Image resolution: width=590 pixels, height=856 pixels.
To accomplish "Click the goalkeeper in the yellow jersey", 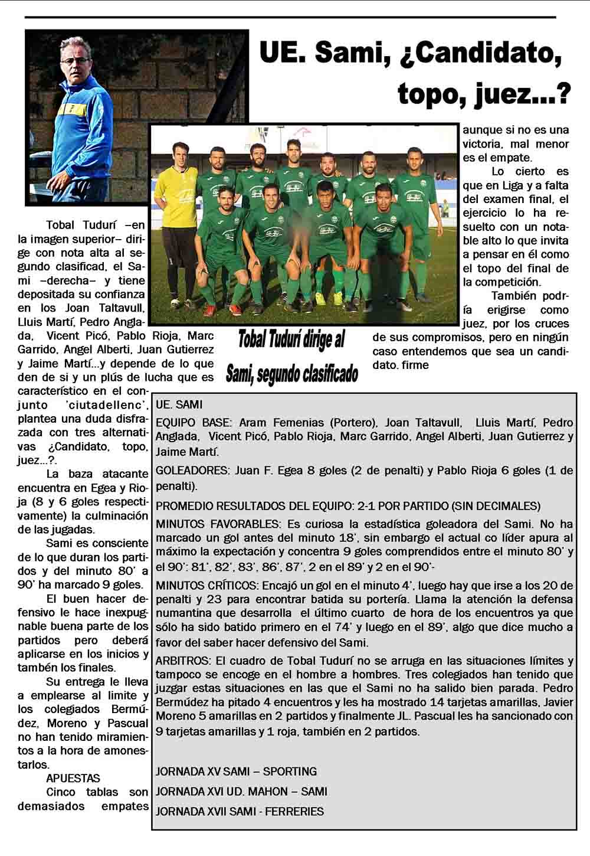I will coord(175,201).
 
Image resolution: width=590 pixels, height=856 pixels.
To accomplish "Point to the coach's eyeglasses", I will coord(75,60).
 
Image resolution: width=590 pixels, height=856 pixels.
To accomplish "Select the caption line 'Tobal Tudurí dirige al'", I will coord(291,341).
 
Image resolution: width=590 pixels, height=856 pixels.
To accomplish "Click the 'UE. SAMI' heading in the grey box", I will coord(179,405).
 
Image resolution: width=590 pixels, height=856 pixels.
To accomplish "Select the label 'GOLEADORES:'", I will coord(192,471).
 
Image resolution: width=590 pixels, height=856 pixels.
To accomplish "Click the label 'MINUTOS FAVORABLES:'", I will coord(217,524).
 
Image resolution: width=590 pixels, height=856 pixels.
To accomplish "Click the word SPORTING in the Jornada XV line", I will coord(290,772).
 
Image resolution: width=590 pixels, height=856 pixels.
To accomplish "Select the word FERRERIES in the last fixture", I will coord(294,812).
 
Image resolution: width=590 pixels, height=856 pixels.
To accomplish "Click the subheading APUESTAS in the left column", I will coord(73,779).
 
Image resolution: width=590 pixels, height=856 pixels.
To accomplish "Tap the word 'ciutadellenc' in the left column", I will coord(106,405).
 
